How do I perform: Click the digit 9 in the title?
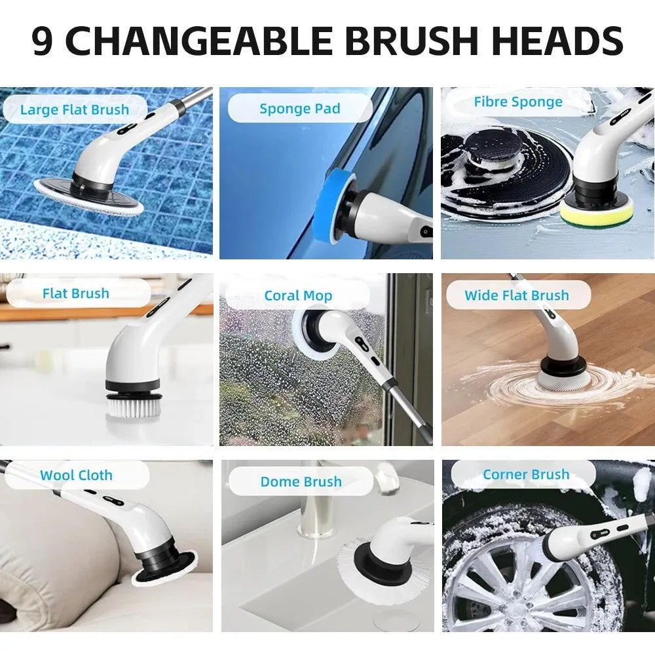pyautogui.click(x=43, y=41)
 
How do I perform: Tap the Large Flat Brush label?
pyautogui.click(x=74, y=109)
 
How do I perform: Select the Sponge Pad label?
pyautogui.click(x=299, y=109)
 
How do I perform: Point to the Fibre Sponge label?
pyautogui.click(x=517, y=102)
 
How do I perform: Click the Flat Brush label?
pyautogui.click(x=75, y=293)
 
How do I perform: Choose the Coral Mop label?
pyautogui.click(x=298, y=295)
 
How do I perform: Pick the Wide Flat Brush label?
pyautogui.click(x=517, y=295)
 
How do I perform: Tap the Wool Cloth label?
pyautogui.click(x=76, y=475)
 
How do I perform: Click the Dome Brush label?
pyautogui.click(x=301, y=482)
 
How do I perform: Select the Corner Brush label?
pyautogui.click(x=525, y=474)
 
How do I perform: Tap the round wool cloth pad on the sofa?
pyautogui.click(x=165, y=570)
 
